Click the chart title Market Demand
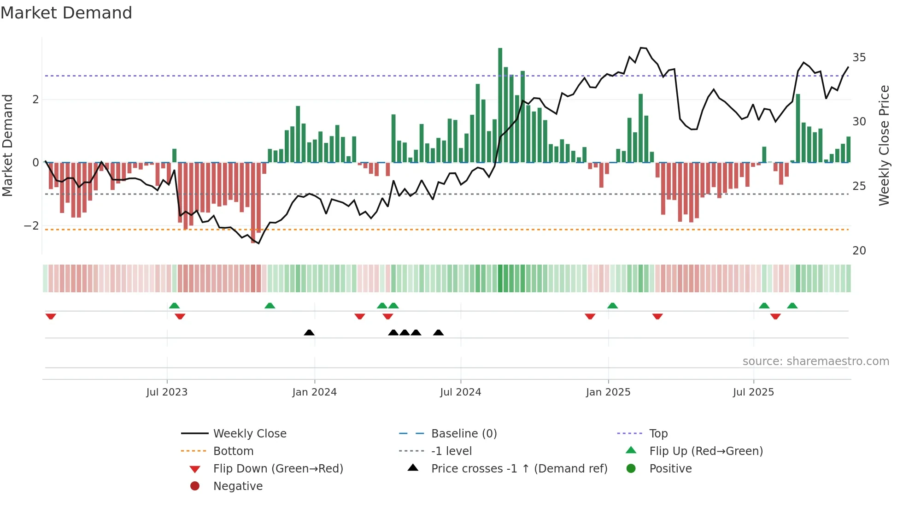pos(66,13)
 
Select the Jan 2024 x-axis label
pos(314,392)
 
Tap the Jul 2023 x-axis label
pos(167,392)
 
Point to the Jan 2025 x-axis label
pos(608,392)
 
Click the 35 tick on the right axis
pos(859,58)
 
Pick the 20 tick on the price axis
pos(859,251)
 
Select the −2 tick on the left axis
pos(31,226)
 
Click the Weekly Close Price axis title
pos(884,145)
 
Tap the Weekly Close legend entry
pos(249,434)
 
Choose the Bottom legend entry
pos(233,451)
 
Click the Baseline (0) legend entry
pos(463,434)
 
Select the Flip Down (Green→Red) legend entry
pos(278,469)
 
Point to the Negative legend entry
pos(238,486)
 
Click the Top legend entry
pos(658,434)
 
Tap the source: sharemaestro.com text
pos(815,361)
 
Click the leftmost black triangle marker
pos(309,332)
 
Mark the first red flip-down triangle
pos(51,316)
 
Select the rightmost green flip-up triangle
pos(792,306)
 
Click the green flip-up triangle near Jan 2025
pos(612,306)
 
